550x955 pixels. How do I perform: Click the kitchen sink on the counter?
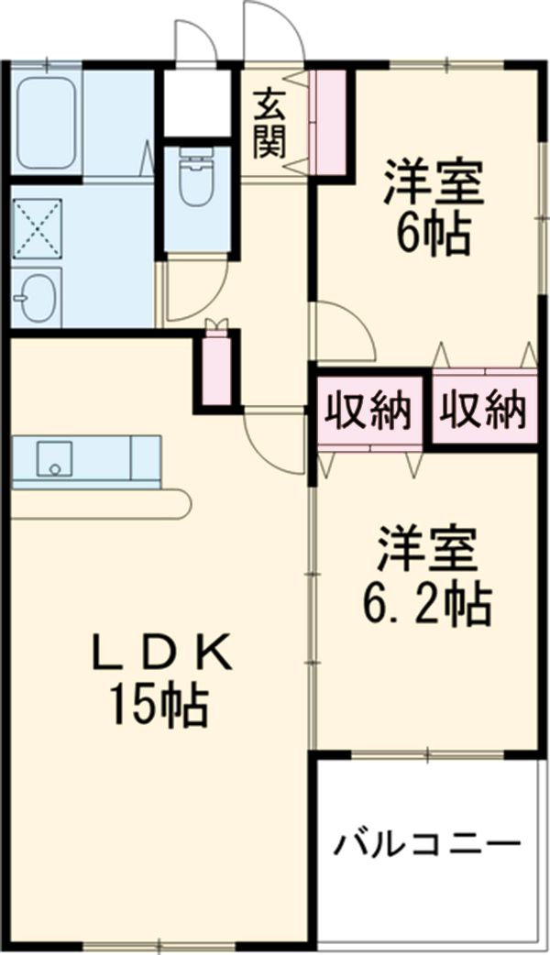click(x=55, y=457)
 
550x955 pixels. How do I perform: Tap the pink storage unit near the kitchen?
click(x=216, y=371)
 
